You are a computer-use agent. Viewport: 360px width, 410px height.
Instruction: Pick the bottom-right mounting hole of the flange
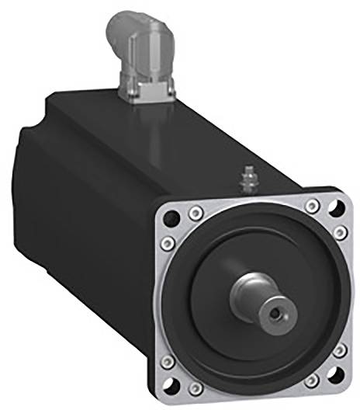click(x=335, y=380)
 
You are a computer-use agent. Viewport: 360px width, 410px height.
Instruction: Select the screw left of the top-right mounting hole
click(x=312, y=205)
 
